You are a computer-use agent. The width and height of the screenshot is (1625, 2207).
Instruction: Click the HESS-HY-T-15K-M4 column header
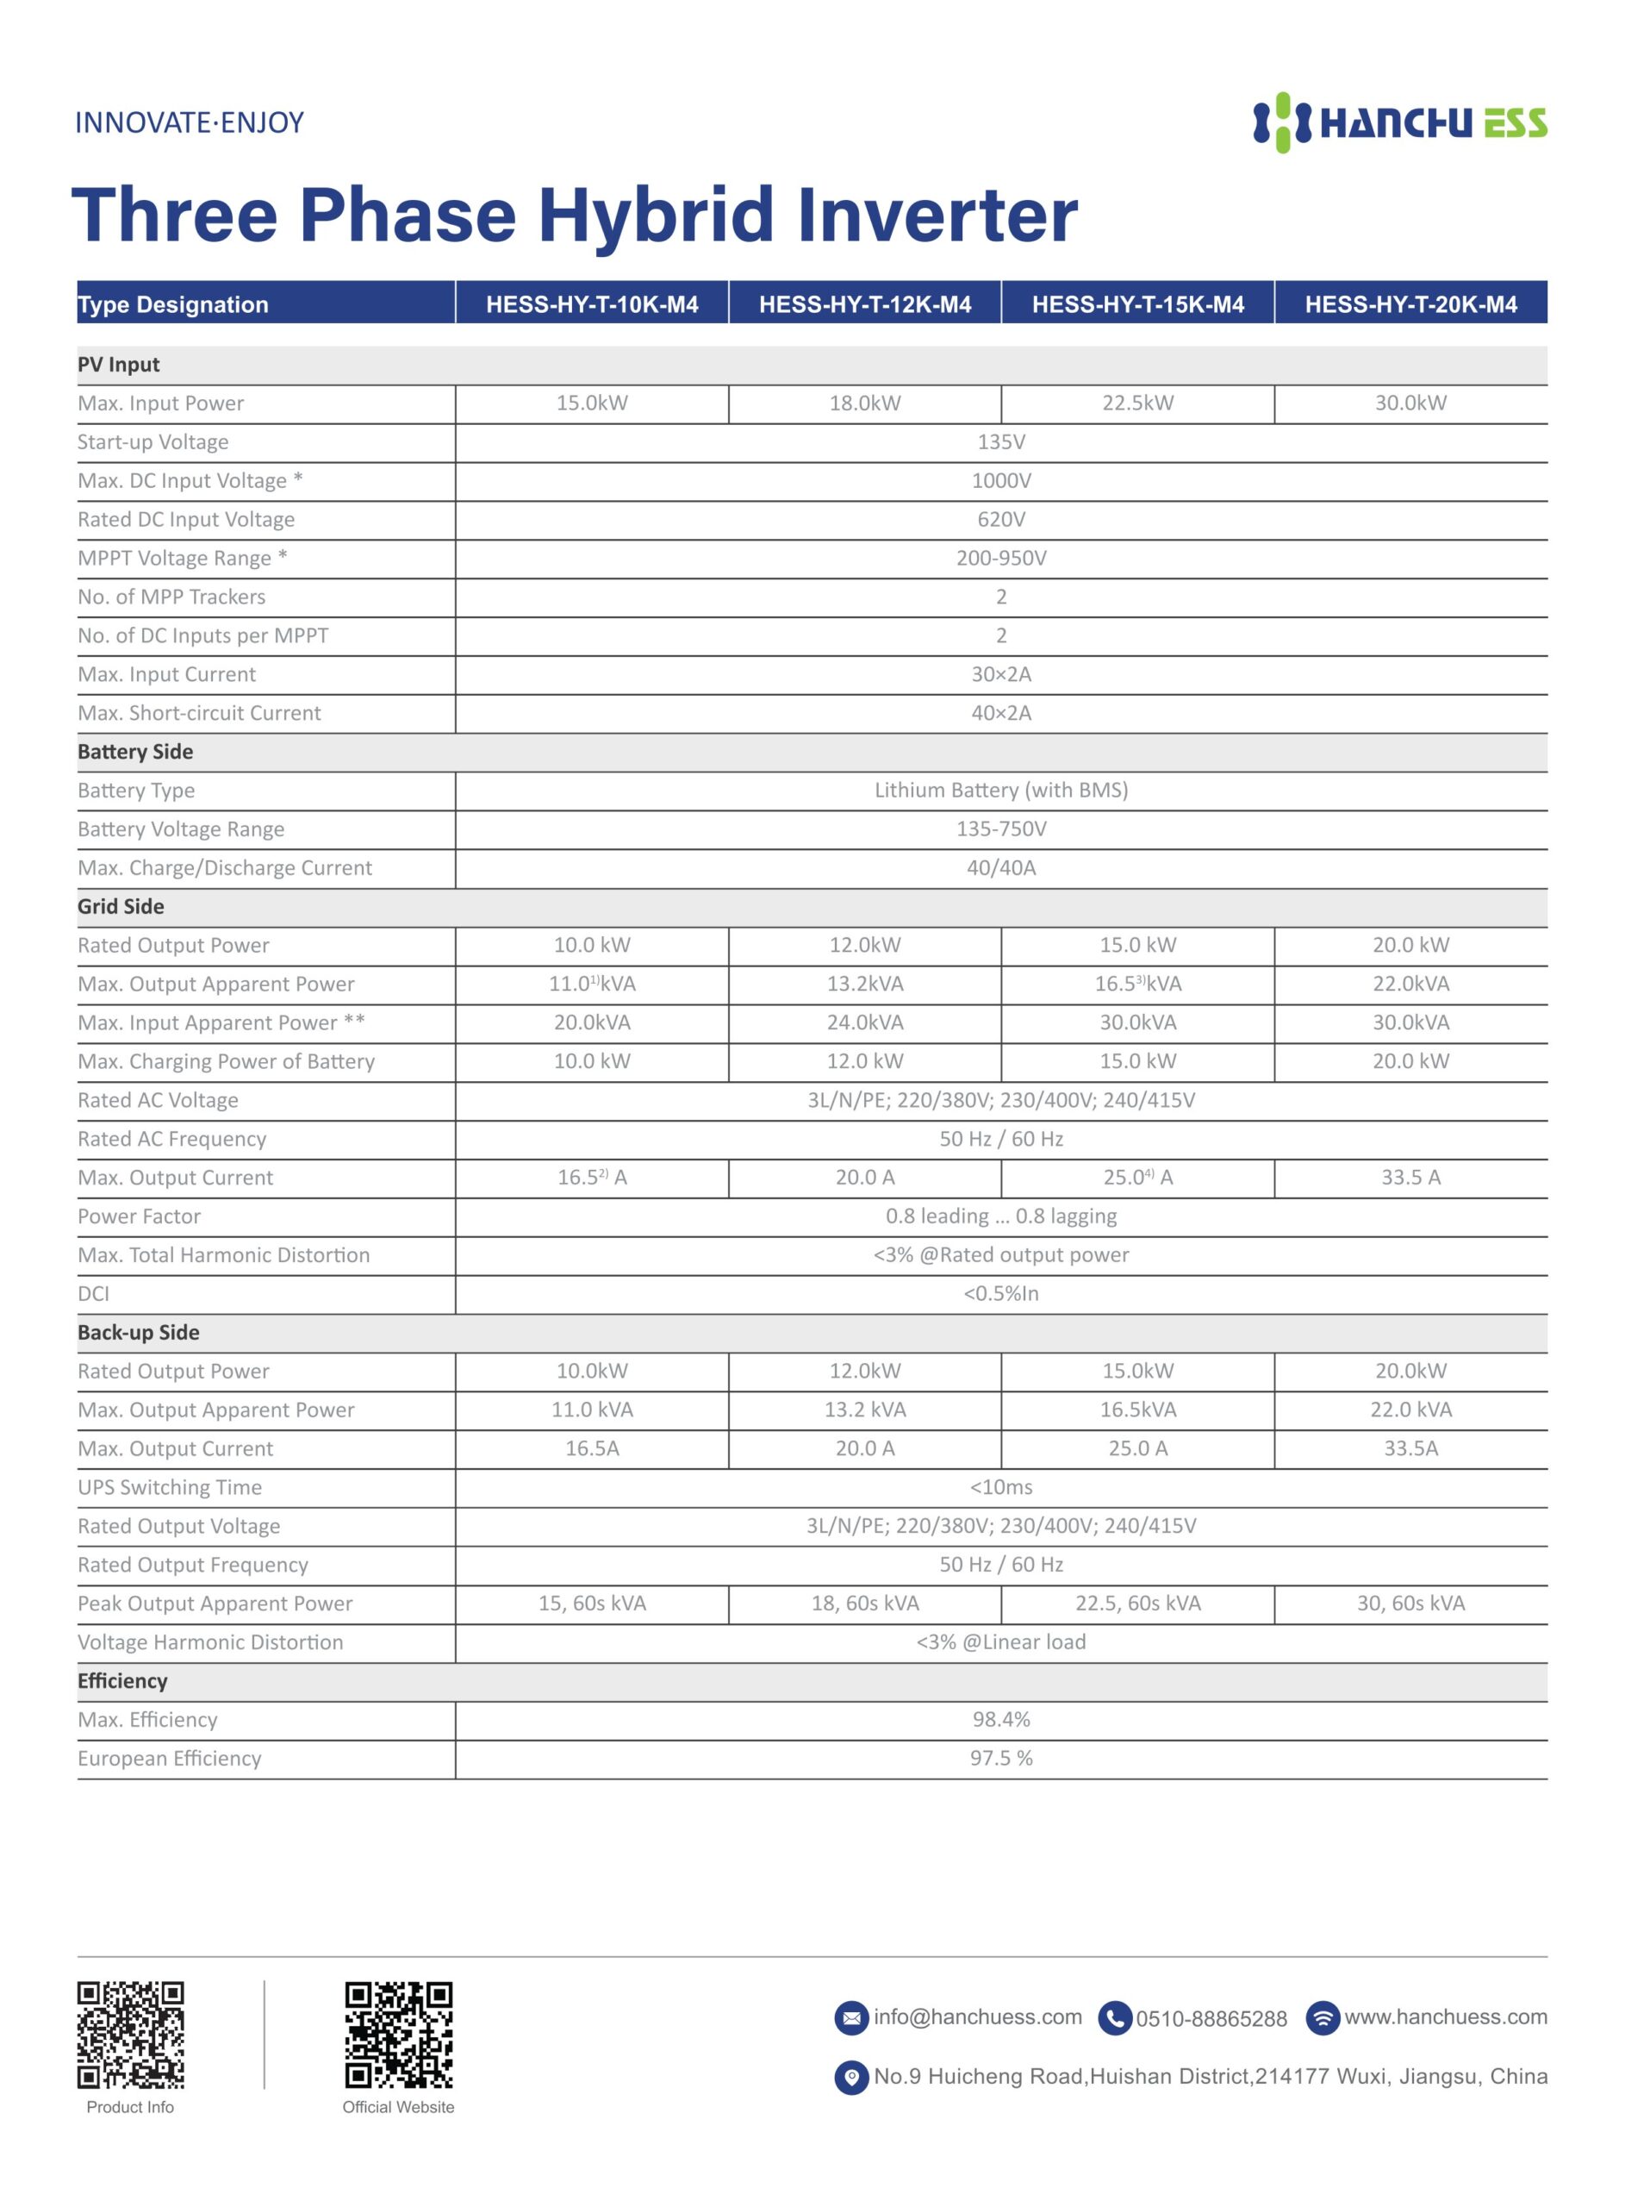[1137, 304]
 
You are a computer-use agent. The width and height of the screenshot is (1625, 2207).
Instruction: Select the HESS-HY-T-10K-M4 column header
[591, 304]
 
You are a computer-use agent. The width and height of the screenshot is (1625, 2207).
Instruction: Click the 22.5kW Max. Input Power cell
[1137, 403]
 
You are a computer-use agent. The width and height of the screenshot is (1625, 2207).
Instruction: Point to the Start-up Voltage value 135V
[1000, 441]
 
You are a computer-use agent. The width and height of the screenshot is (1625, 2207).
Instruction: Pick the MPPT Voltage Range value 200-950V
[1000, 558]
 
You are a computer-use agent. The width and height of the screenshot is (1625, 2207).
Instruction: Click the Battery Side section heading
[136, 752]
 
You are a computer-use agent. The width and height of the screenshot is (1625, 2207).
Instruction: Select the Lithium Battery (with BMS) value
[1000, 790]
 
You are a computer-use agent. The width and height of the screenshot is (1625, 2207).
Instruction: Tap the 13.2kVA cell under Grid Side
[865, 984]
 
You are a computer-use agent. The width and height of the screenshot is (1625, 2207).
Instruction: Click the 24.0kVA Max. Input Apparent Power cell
[865, 1022]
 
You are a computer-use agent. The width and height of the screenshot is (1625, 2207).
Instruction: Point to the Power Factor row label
[139, 1216]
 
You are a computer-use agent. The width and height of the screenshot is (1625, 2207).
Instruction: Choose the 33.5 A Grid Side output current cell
[1410, 1178]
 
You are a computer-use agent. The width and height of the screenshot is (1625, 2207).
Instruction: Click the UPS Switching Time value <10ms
[1000, 1487]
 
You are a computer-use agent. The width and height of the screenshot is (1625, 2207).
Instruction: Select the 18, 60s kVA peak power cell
[865, 1603]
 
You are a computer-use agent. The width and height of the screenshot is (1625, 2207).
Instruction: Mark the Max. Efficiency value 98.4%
[1000, 1719]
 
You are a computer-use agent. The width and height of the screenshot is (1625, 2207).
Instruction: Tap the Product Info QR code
[131, 2035]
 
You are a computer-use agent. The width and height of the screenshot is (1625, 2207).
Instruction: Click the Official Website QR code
[398, 2035]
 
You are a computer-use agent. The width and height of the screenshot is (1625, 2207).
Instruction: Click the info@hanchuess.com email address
[977, 2017]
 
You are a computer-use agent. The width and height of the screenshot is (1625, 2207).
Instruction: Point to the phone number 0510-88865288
[1211, 2019]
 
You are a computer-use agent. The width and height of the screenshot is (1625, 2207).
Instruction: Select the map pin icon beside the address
[851, 2077]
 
